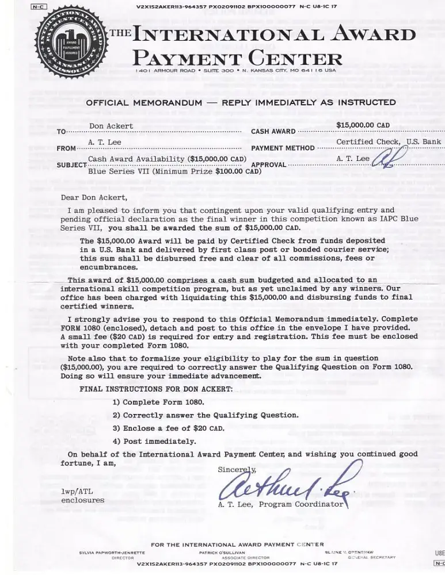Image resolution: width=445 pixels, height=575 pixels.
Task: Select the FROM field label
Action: pyautogui.click(x=66, y=148)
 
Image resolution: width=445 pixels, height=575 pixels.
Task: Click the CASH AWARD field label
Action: pyautogui.click(x=273, y=132)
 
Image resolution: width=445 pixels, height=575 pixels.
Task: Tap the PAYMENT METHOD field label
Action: pyautogui.click(x=283, y=148)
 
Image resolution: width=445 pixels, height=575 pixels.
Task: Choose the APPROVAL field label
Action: pyautogui.click(x=269, y=165)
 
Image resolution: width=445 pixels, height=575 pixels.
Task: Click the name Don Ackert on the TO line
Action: pyautogui.click(x=111, y=126)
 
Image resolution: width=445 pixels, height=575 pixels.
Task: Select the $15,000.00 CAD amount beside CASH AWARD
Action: pyautogui.click(x=363, y=125)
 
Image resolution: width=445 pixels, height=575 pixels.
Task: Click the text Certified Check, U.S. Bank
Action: pyautogui.click(x=389, y=141)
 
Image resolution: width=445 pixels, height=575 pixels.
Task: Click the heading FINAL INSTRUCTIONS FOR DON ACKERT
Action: pyautogui.click(x=156, y=389)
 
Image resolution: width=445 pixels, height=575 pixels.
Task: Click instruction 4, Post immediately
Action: pyautogui.click(x=155, y=442)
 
